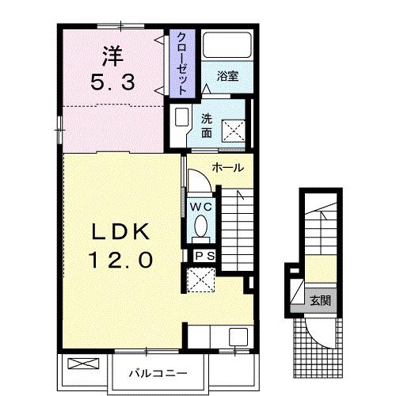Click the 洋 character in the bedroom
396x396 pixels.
(x=113, y=56)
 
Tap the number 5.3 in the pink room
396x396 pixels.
(x=113, y=82)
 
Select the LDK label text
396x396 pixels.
(x=120, y=231)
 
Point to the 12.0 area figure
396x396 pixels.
(x=120, y=260)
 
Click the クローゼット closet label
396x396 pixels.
(x=182, y=63)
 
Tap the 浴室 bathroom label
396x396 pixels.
(x=227, y=76)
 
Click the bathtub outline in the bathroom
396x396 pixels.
(x=227, y=45)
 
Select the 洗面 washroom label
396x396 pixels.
(x=207, y=126)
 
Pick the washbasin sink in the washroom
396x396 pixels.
(x=181, y=117)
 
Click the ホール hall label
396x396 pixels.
(x=228, y=168)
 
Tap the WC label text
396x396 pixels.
(x=201, y=207)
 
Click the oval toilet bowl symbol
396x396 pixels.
(x=201, y=226)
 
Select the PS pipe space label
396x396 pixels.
(x=205, y=256)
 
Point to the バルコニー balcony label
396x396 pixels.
(x=158, y=373)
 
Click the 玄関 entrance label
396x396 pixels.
(x=320, y=300)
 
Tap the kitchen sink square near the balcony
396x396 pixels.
(x=238, y=337)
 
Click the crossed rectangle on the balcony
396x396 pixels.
(x=83, y=364)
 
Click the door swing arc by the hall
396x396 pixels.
(x=204, y=176)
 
